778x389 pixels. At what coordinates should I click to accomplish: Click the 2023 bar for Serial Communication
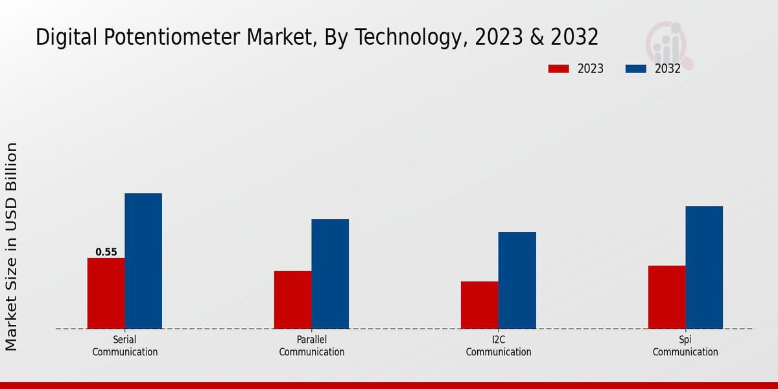click(106, 293)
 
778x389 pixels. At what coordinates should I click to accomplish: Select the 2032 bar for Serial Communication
click(143, 261)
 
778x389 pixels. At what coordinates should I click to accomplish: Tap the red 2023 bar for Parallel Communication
click(292, 300)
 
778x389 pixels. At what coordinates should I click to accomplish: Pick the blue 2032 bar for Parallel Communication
click(330, 274)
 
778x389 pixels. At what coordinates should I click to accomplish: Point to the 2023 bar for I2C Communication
click(480, 305)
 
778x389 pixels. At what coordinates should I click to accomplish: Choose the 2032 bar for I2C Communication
click(517, 280)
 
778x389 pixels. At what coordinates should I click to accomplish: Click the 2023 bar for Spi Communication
click(666, 297)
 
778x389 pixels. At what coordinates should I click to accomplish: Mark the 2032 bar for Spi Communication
click(704, 267)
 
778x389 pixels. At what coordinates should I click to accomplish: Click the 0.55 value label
click(106, 252)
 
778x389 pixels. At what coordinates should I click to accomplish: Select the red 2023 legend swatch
click(558, 69)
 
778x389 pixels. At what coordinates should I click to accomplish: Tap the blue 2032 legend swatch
click(636, 69)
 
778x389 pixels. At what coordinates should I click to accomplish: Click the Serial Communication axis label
click(124, 346)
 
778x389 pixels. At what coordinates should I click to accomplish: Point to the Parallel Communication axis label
click(312, 346)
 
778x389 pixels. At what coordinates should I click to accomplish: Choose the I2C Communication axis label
click(499, 346)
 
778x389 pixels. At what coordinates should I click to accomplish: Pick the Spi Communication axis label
click(685, 346)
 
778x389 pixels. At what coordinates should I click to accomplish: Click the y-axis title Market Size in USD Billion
click(12, 246)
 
